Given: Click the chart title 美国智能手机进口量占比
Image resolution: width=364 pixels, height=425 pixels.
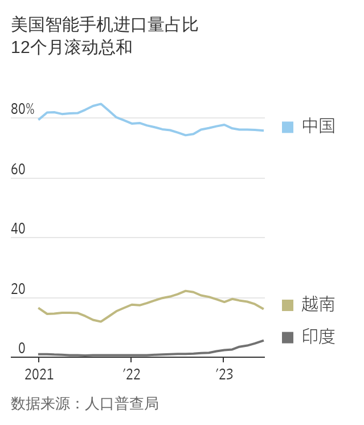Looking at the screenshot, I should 105,25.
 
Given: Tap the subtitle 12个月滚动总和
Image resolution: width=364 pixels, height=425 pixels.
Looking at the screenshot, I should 72,47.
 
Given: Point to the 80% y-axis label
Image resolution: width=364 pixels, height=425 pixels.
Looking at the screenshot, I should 23,109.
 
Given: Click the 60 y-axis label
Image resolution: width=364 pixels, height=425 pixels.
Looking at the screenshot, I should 18,169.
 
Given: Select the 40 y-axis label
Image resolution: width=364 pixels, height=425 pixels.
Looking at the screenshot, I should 18,229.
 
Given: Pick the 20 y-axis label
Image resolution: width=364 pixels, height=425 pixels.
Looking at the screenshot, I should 18,289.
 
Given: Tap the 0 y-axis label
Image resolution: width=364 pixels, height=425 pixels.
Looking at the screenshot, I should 22,348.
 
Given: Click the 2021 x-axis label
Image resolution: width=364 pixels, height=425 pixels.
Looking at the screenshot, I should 39,374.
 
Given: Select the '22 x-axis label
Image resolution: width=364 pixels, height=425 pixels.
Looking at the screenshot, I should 131,374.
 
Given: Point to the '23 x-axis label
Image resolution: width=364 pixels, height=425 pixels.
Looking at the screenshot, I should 223,374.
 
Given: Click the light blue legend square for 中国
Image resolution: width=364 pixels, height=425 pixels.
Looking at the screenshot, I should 288,126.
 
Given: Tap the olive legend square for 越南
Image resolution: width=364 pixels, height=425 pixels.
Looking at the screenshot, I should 288,305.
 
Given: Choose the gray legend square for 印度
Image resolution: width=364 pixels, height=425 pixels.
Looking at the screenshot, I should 288,337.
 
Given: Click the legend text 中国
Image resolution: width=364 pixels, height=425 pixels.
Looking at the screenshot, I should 318,126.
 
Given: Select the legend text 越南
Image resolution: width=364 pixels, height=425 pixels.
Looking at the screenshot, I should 318,305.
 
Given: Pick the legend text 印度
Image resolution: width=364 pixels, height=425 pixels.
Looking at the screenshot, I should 318,337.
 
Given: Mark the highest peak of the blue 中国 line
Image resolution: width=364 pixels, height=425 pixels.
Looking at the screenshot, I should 101,104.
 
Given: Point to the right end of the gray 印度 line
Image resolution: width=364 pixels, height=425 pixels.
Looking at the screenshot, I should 263,340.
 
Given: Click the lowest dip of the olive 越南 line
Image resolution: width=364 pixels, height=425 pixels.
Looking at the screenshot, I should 101,322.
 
